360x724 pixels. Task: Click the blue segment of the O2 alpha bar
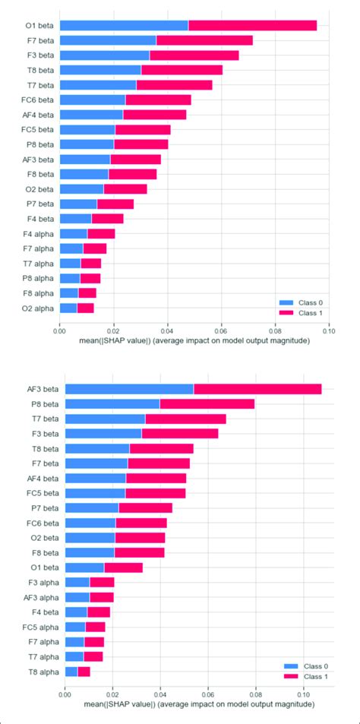coord(68,308)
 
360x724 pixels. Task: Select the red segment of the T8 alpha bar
coord(84,671)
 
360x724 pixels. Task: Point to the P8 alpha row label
coord(39,278)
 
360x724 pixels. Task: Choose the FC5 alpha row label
coord(41,627)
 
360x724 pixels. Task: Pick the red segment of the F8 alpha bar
coord(87,292)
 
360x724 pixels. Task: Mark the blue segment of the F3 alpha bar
coord(77,582)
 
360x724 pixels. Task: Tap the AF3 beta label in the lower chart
coord(43,389)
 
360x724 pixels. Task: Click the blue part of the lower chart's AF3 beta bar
coord(129,389)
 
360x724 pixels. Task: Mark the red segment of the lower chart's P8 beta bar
coord(207,404)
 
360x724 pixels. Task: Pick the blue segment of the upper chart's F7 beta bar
coord(107,40)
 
